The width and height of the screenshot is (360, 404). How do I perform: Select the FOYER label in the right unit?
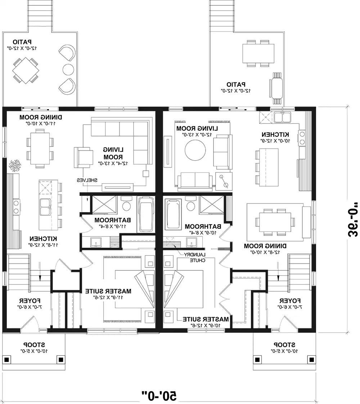290,301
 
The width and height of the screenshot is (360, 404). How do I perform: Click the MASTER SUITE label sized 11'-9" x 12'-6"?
108,291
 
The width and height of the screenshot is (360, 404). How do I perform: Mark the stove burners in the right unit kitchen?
302,137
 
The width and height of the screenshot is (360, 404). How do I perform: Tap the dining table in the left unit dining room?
39,148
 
